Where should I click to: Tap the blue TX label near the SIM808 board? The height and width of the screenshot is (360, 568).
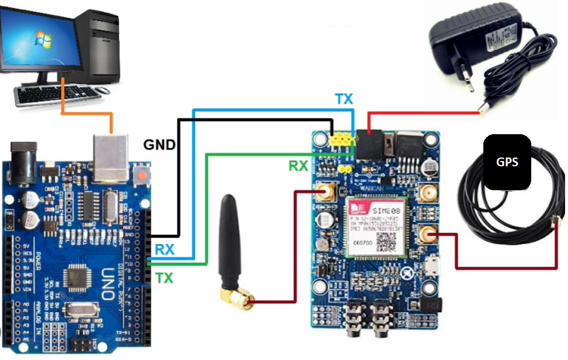[x=344, y=99]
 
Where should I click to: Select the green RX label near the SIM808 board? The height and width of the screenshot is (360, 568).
[x=298, y=166]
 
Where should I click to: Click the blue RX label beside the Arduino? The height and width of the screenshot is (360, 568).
[x=164, y=250]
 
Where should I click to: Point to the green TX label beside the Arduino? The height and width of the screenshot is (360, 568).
[x=165, y=278]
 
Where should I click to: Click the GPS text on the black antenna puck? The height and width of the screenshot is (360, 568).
[x=507, y=162]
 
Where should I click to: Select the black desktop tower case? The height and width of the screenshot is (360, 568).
[x=99, y=44]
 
